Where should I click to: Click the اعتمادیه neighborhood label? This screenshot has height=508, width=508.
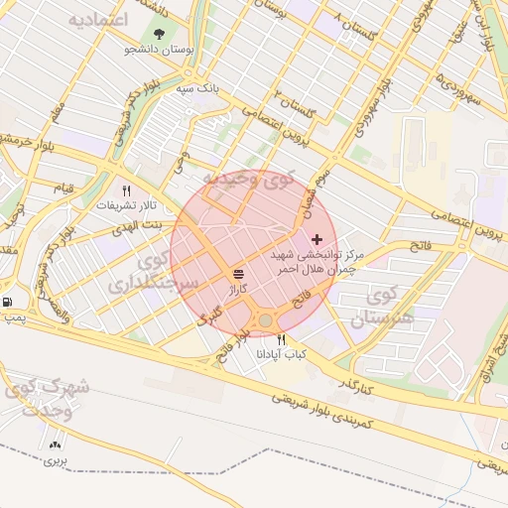coord(100,19)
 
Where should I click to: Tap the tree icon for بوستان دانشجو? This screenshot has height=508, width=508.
coord(160,37)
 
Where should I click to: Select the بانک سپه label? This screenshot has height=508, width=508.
coord(196,88)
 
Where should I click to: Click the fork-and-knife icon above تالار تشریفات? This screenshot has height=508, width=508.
coord(126,190)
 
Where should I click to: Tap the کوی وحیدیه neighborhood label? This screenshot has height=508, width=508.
coord(249,180)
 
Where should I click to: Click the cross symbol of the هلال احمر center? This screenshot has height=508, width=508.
coord(317,239)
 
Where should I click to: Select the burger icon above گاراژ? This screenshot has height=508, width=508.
coord(238,274)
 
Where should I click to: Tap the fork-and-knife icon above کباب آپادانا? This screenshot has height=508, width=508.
coord(283,339)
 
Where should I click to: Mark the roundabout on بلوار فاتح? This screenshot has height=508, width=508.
coord(265,320)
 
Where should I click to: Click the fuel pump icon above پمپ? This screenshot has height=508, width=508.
coord(8,302)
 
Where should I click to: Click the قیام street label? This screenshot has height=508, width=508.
coord(63,188)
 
